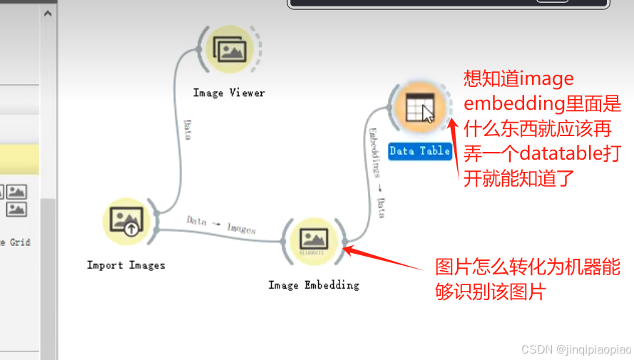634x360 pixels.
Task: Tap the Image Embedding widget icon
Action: [x=313, y=240]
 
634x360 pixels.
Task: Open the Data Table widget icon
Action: [x=419, y=109]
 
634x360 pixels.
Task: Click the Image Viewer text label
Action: [x=229, y=93]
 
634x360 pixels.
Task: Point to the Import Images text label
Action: [x=126, y=265]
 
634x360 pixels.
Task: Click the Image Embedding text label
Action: [x=314, y=285]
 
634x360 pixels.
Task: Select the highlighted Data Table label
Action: [x=420, y=150]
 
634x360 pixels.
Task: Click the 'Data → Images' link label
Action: [x=221, y=225]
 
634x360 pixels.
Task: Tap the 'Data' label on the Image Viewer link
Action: [x=187, y=129]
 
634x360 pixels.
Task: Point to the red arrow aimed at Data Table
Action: [x=454, y=143]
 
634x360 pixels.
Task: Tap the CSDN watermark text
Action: [x=576, y=349]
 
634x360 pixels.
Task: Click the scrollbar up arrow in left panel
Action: [x=48, y=14]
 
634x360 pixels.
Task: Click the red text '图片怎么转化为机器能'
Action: [x=528, y=267]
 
